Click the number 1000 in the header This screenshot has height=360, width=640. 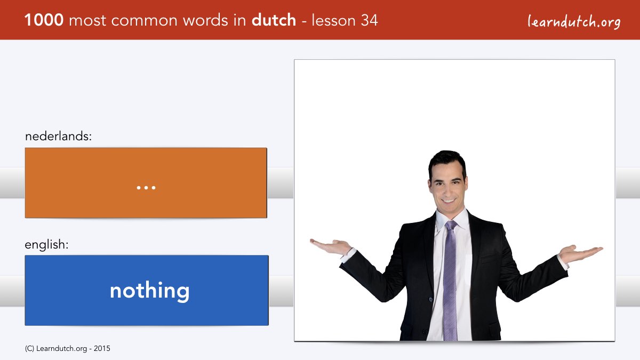pos(44,20)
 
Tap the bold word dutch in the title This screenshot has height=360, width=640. pos(274,20)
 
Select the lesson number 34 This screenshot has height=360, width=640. pos(369,20)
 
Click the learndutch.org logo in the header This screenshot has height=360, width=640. pos(574,22)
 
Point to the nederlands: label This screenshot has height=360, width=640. pos(58,136)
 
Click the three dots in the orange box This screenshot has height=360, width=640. pos(146,188)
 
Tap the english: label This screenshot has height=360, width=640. pos(46,245)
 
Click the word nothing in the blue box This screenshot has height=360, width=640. pos(150,291)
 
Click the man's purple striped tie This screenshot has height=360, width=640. pos(450,280)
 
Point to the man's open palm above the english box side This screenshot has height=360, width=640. pos(331,247)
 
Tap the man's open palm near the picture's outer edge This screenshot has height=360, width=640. pos(581,253)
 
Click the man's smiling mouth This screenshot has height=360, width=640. pos(449,201)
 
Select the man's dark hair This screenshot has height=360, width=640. pos(447,162)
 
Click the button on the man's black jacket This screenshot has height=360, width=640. pos(430,299)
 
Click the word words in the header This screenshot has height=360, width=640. pos(205,20)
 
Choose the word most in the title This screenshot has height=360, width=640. pos(87,21)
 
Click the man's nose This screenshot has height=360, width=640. pos(448,189)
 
